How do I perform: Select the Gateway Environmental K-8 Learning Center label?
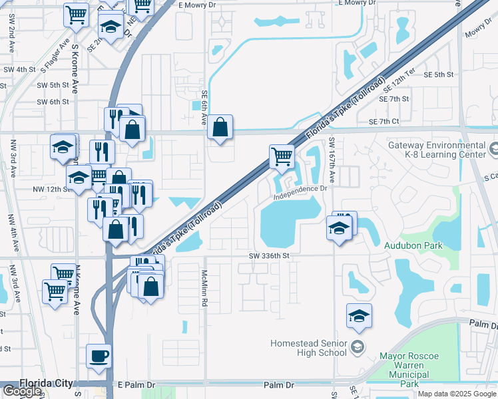437,150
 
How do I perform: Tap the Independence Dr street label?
302,190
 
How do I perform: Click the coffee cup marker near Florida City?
99,356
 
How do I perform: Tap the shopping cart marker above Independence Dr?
282,158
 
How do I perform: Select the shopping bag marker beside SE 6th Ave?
220,127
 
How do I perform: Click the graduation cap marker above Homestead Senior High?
359,316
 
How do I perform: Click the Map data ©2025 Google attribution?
456,394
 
